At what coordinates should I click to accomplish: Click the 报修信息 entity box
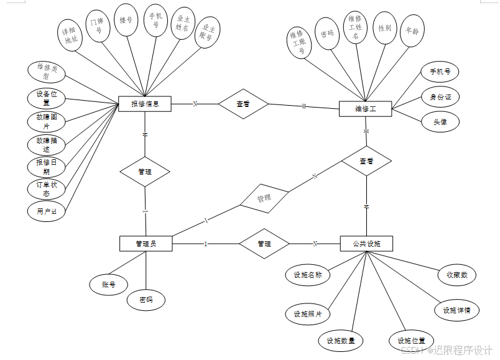click(145, 104)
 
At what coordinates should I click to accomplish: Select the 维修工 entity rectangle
click(365, 109)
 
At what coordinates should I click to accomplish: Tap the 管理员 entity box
click(146, 244)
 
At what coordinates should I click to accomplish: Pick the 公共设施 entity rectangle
click(367, 243)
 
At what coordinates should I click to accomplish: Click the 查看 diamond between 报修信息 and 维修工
click(243, 104)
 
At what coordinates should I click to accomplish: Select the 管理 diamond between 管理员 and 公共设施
click(264, 244)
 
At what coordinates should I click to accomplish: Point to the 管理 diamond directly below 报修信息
click(145, 172)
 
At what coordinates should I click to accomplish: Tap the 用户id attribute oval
click(47, 211)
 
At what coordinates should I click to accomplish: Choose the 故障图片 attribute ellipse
click(47, 121)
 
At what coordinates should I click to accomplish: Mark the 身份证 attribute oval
click(440, 97)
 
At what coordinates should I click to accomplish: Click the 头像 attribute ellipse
click(440, 122)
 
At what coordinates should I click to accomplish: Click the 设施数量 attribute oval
click(341, 341)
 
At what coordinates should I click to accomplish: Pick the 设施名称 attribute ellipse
click(308, 275)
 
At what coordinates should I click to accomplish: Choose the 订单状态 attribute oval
click(47, 189)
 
